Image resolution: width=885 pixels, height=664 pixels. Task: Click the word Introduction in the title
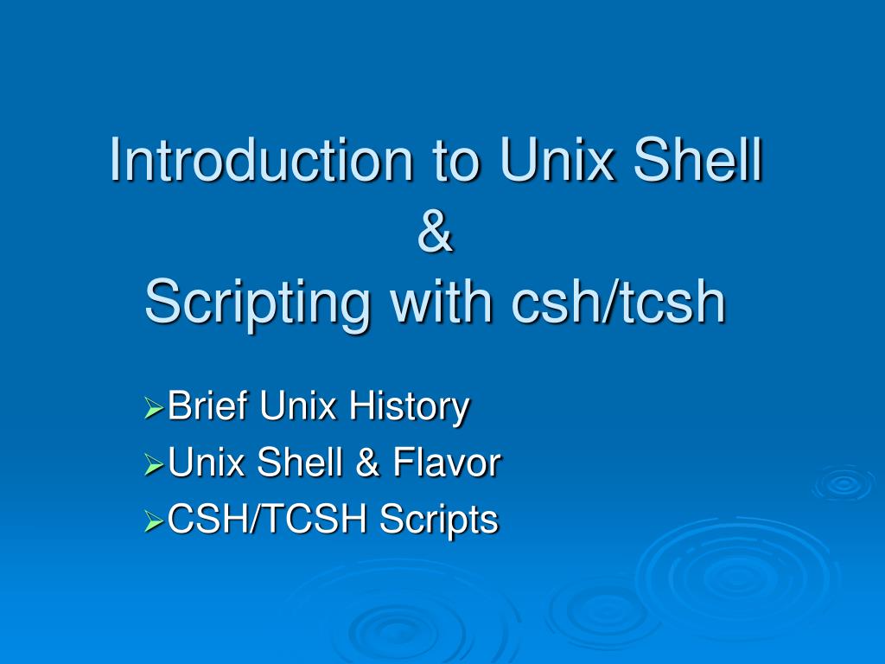261,159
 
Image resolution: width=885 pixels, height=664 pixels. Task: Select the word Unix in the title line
557,159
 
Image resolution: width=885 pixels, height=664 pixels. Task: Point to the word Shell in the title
698,159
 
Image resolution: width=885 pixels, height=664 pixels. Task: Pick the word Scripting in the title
258,305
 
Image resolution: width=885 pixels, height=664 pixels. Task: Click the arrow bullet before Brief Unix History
154,408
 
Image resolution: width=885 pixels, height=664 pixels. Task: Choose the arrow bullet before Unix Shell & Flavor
154,464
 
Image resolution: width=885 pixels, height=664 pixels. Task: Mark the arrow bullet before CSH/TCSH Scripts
154,520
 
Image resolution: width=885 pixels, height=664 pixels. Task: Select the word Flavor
447,462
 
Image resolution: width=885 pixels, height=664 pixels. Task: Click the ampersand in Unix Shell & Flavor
367,462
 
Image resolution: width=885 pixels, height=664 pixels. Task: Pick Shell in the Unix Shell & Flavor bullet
300,462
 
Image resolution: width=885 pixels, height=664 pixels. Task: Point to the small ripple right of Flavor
844,483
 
